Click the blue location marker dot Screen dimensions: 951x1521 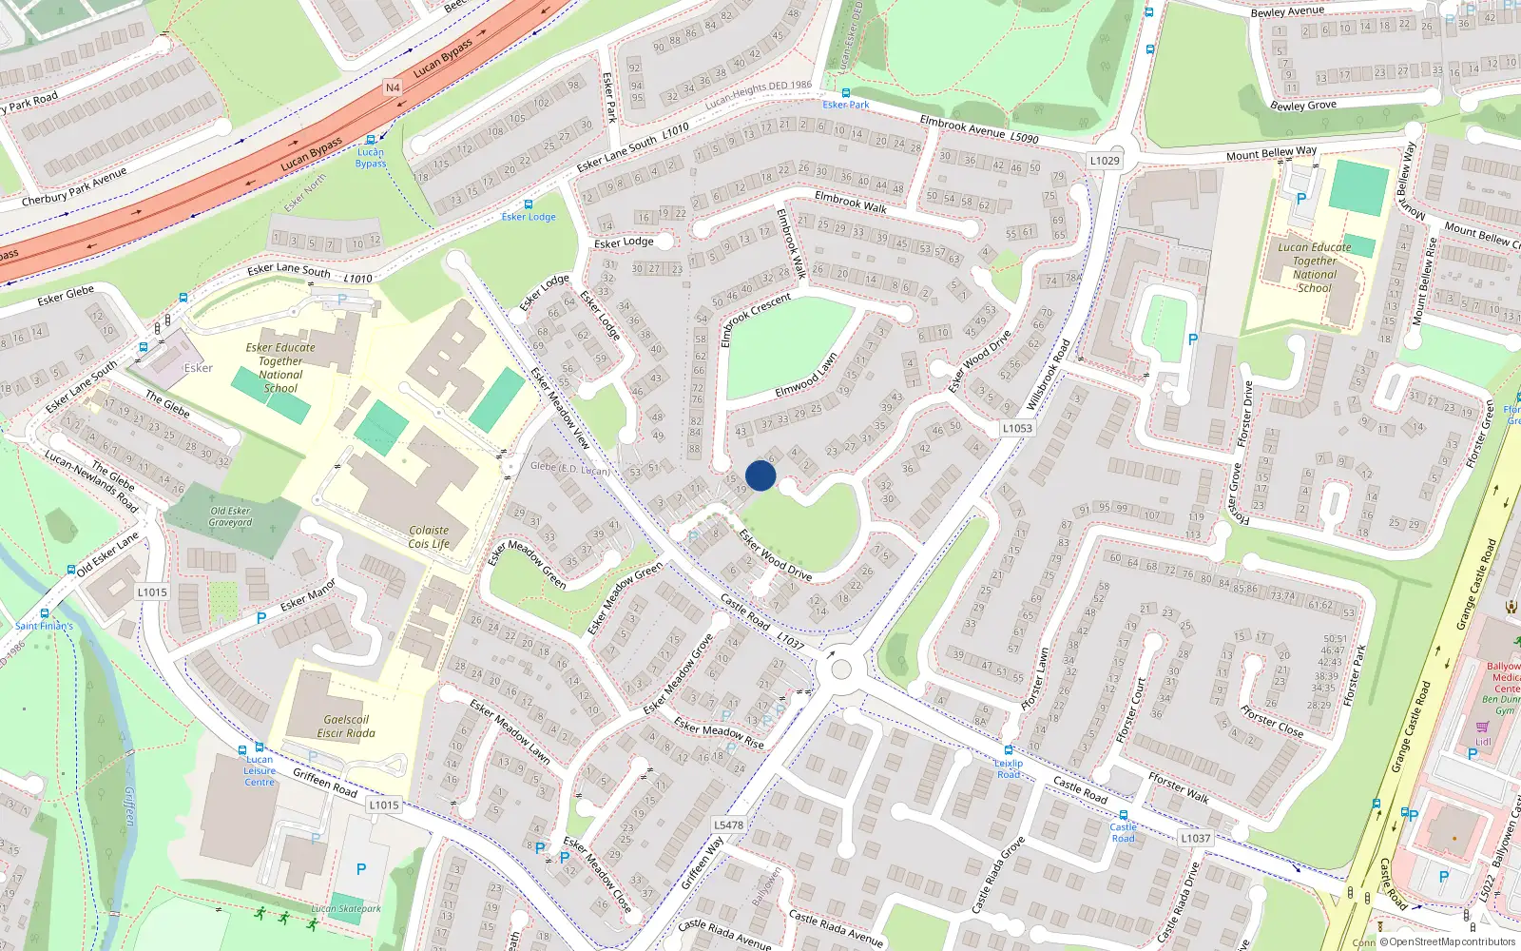coord(760,475)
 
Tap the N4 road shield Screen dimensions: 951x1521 coord(393,87)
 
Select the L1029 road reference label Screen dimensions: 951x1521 coord(1105,161)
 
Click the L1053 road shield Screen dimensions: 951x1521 coord(1017,428)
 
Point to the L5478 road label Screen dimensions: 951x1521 coord(728,825)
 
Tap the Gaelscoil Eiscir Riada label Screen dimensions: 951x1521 coord(346,727)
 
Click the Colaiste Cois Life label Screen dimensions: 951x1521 coord(429,537)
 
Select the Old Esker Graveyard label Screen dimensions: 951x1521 coord(231,516)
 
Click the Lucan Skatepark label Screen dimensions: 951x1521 coord(346,909)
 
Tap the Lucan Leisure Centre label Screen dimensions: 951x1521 coord(260,770)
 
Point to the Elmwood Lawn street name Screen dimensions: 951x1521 coord(806,376)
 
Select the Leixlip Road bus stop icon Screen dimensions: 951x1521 coord(1009,750)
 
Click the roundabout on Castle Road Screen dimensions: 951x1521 coord(841,670)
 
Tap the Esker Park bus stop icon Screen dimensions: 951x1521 coord(846,93)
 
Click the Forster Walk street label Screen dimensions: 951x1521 coord(1179,788)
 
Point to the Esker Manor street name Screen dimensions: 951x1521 coord(308,594)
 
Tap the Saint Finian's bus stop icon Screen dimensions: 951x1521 coord(45,613)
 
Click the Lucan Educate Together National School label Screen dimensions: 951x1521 coord(1315,267)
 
